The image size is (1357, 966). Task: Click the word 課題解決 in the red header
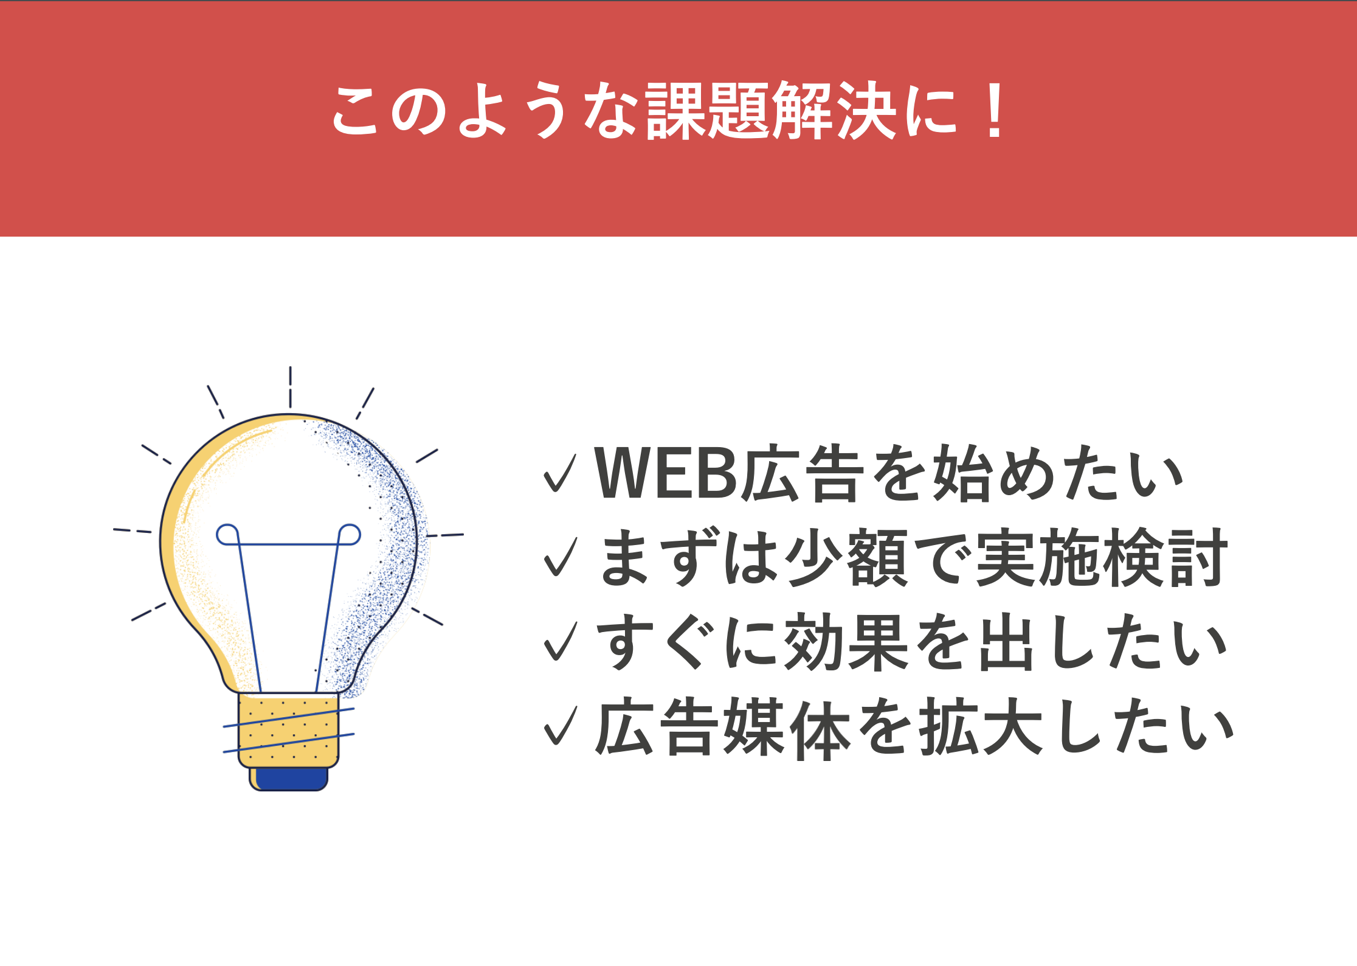pos(771,111)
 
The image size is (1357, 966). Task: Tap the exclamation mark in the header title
pos(995,111)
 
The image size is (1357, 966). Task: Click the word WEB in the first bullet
pos(666,473)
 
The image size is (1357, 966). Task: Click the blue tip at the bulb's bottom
pos(291,779)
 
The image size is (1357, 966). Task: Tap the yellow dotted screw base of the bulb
pos(288,730)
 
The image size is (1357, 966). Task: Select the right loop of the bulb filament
pos(350,534)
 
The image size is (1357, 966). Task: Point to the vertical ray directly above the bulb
pos(290,387)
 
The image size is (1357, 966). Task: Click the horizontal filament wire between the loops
pos(289,544)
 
